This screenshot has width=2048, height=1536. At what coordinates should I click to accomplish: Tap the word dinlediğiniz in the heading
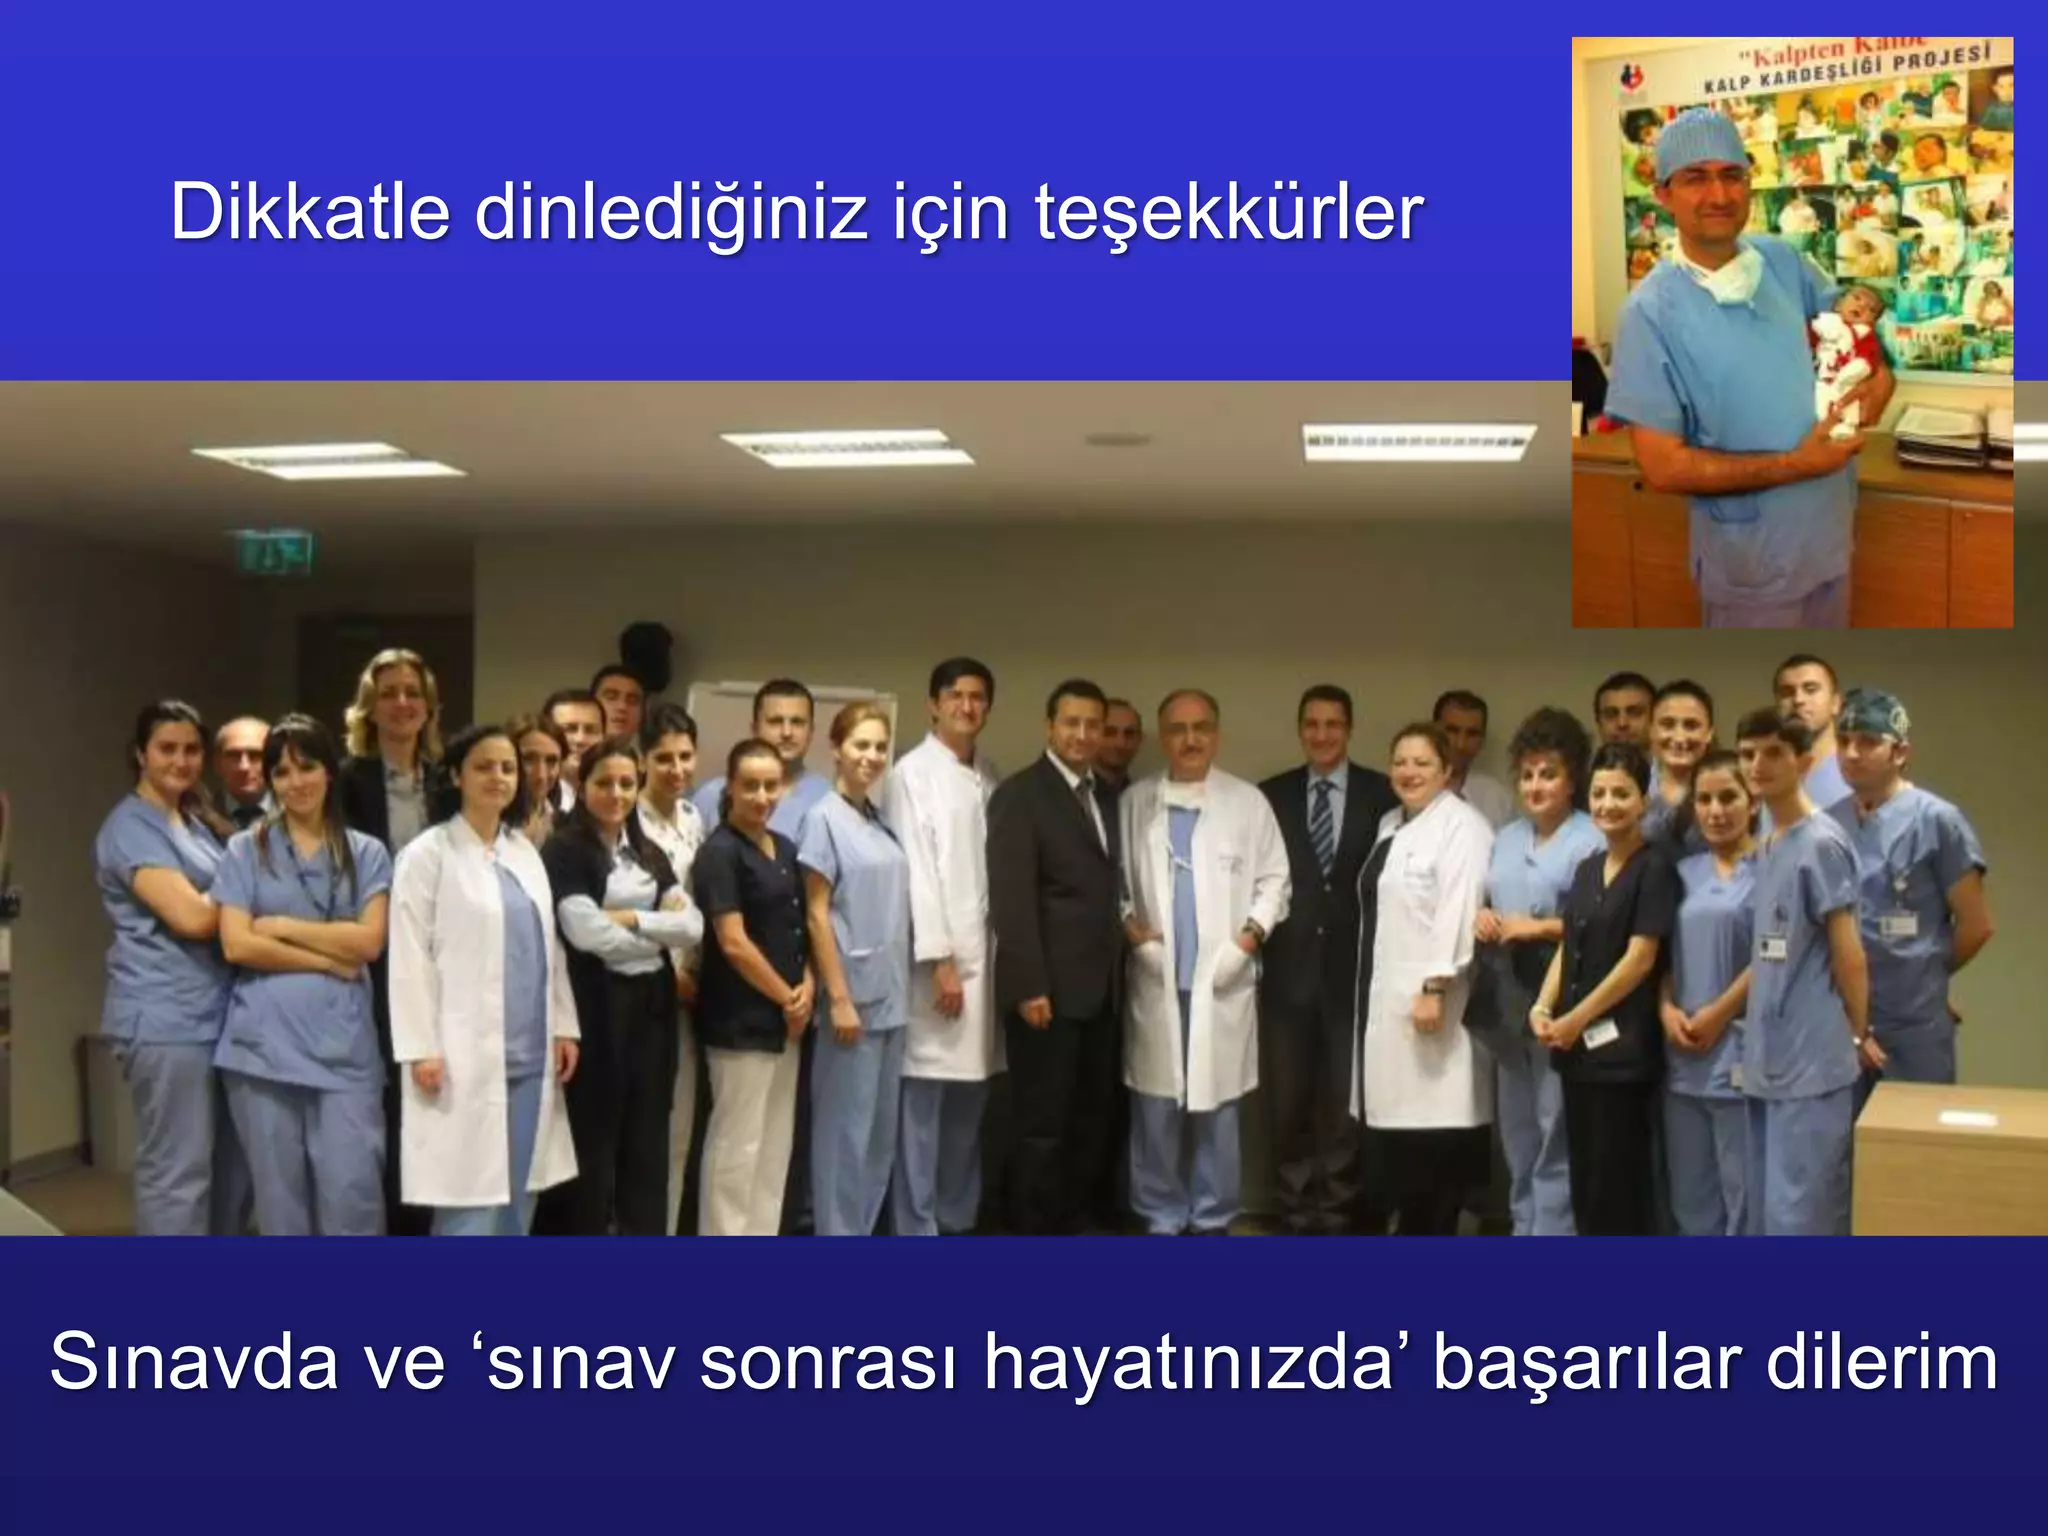671,214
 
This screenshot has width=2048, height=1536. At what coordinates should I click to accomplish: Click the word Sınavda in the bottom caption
193,1362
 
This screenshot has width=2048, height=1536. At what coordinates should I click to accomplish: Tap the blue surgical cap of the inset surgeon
1701,140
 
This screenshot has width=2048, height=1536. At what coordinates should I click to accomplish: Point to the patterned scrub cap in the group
1872,713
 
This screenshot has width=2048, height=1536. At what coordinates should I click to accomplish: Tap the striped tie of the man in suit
1323,825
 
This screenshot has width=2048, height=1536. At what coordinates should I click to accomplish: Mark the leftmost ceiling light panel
327,461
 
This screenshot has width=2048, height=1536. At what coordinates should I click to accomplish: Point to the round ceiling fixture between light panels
1117,439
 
